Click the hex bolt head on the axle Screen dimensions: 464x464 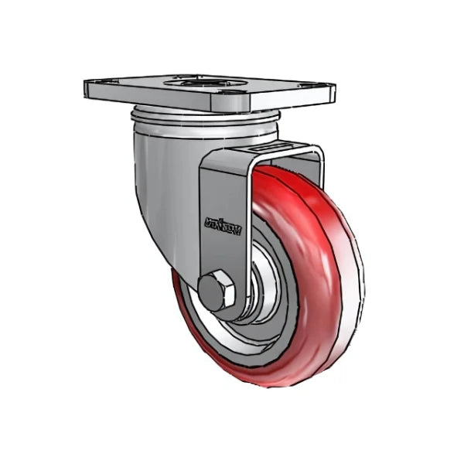click(213, 289)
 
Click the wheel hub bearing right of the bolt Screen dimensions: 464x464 click(251, 298)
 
